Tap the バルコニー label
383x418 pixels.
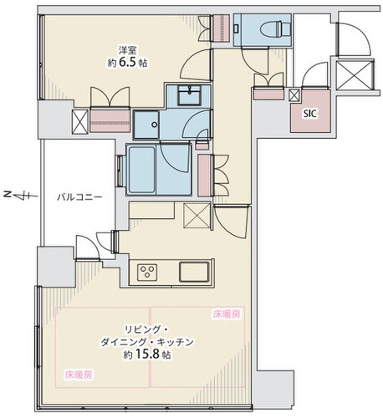pyautogui.click(x=79, y=197)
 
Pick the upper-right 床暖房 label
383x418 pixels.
pyautogui.click(x=226, y=315)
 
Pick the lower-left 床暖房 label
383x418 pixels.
pyautogui.click(x=79, y=374)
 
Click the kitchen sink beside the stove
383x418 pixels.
pyautogui.click(x=193, y=272)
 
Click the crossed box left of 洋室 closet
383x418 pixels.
pyautogui.click(x=79, y=123)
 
